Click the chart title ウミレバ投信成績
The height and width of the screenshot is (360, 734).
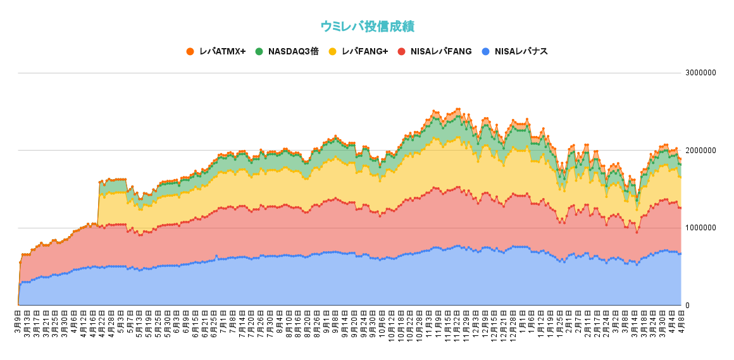[x=367, y=26]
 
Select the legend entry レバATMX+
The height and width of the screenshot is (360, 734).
[x=221, y=51]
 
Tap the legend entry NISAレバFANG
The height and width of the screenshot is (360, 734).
[x=441, y=51]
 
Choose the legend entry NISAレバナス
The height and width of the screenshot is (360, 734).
[x=521, y=51]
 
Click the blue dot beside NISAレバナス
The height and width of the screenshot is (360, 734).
[x=485, y=51]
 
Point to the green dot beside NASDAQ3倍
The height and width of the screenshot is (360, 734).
[x=259, y=51]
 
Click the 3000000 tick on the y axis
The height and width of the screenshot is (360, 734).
[x=700, y=73]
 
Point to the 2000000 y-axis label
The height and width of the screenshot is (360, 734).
[x=700, y=151]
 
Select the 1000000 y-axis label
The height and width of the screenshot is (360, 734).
[x=700, y=228]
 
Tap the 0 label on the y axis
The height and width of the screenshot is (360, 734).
[x=688, y=306]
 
